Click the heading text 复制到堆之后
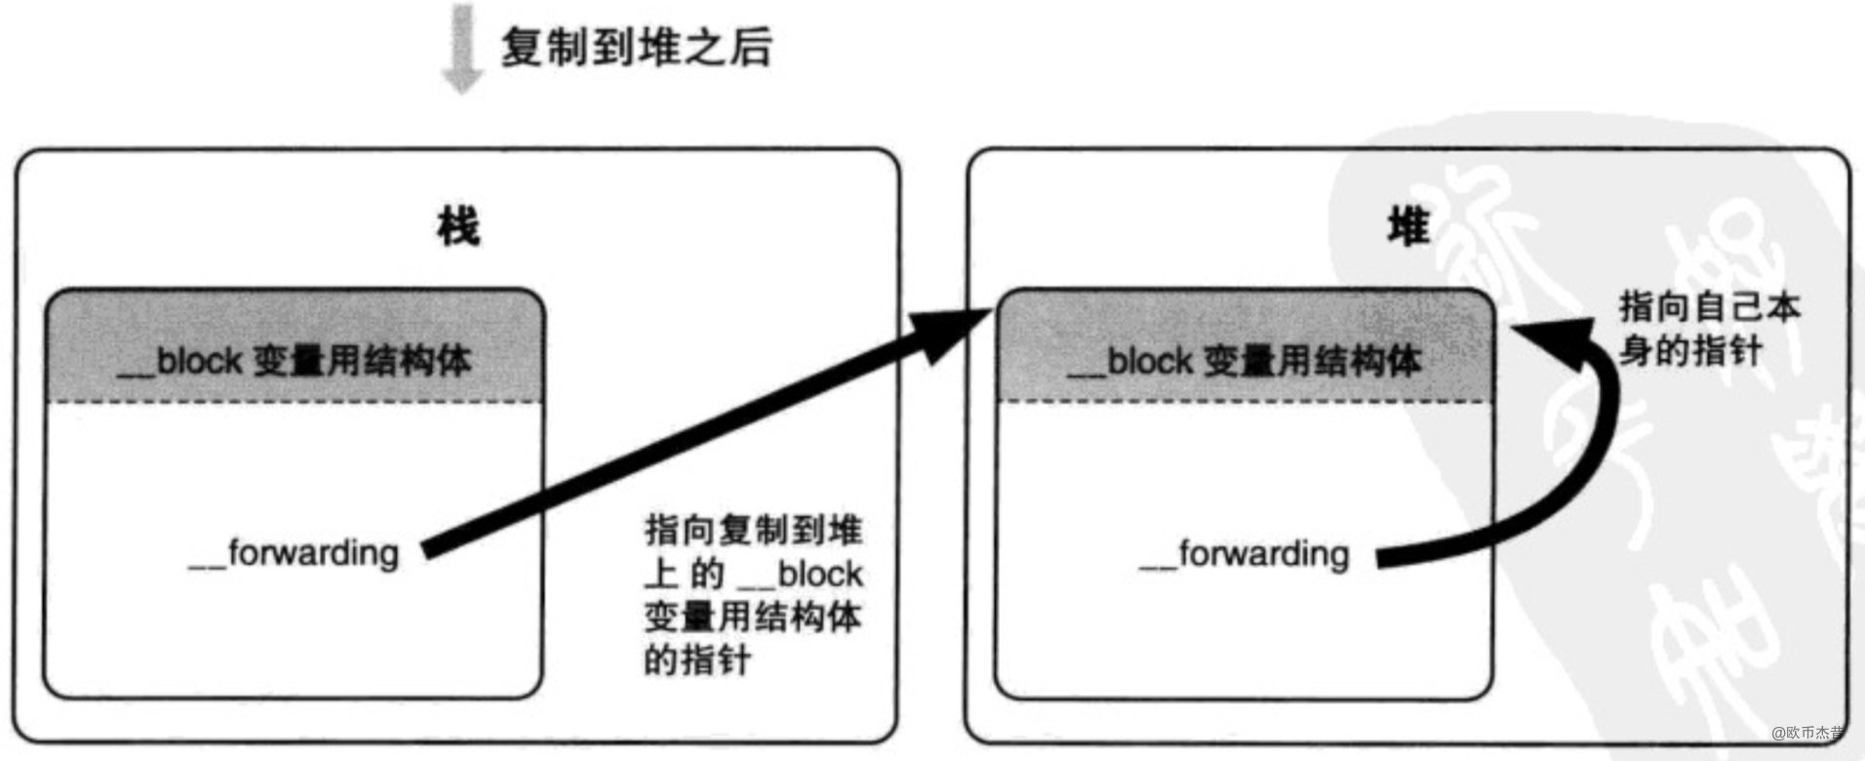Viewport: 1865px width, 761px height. [636, 47]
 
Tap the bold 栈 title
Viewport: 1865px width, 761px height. [457, 227]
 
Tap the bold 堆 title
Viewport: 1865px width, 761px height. [1408, 227]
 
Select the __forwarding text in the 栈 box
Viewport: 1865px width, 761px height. [294, 554]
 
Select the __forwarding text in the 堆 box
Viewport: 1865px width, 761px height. [1245, 554]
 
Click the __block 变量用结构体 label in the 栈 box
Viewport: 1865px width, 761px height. [294, 361]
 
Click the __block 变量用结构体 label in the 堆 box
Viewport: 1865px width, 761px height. [1245, 362]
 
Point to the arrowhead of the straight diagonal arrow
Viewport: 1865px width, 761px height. [961, 327]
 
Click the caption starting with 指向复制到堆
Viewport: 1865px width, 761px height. [752, 594]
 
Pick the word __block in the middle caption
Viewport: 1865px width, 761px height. [800, 575]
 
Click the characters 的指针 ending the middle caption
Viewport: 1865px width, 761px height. [696, 661]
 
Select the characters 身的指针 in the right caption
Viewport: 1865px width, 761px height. [1690, 350]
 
